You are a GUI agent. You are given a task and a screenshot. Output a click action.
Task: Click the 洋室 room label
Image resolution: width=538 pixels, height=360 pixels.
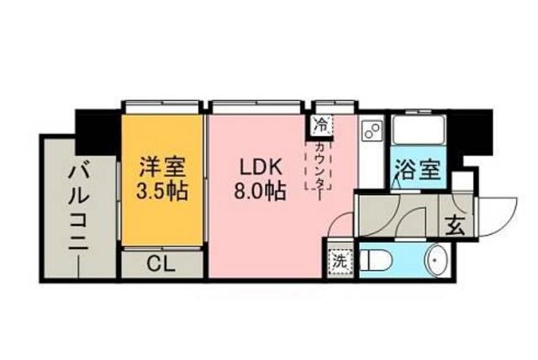point(163,167)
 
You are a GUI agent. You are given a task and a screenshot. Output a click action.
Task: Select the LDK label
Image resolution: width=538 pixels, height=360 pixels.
point(257,167)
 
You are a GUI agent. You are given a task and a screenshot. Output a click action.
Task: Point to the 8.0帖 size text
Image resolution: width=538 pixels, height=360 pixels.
point(257,190)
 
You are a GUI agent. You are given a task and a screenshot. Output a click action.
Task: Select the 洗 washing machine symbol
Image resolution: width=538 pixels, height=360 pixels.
point(339,259)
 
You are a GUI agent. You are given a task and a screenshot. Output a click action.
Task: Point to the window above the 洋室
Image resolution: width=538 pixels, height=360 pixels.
point(163,104)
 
